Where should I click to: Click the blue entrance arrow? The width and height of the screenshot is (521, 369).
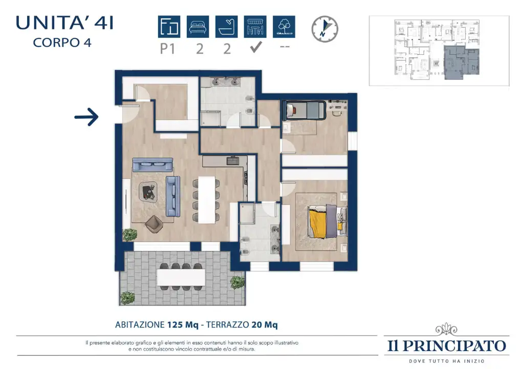(x=86, y=117)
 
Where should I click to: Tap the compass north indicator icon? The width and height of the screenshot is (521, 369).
(x=325, y=29)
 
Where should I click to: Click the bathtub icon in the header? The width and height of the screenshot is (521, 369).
(x=227, y=27)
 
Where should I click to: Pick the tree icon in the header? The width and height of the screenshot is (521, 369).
(x=284, y=27)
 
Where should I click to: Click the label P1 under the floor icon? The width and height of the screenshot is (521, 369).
(x=169, y=49)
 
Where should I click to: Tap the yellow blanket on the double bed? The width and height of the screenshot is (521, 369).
(x=318, y=221)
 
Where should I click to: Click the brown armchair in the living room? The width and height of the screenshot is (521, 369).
(x=154, y=224)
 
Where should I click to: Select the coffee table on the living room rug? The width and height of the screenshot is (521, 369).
(x=149, y=191)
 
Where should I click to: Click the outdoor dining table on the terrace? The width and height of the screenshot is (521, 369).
(x=181, y=277)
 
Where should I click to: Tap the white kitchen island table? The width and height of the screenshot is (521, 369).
(x=206, y=200)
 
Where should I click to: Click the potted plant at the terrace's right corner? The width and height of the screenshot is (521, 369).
(x=237, y=282)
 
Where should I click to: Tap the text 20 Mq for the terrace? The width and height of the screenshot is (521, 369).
(x=264, y=324)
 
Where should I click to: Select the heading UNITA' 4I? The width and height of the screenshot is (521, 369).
(x=64, y=23)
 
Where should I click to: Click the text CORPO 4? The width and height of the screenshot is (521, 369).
(x=62, y=43)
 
